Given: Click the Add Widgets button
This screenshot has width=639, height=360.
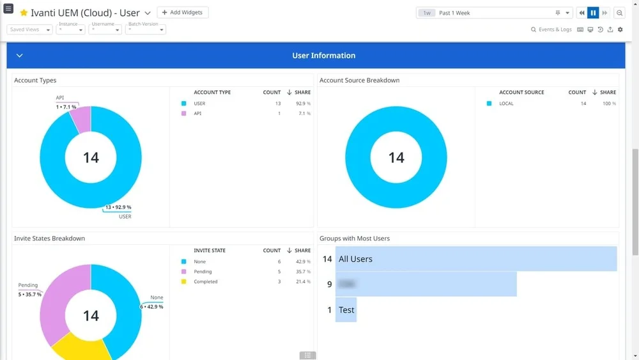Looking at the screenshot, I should pyautogui.click(x=183, y=12).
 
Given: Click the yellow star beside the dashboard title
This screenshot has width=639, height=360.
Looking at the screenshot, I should pyautogui.click(x=24, y=13).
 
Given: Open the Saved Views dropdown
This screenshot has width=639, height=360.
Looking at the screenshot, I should pyautogui.click(x=29, y=29).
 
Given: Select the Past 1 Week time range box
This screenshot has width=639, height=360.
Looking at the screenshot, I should pyautogui.click(x=493, y=13).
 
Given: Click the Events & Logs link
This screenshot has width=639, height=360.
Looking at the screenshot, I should pyautogui.click(x=551, y=29).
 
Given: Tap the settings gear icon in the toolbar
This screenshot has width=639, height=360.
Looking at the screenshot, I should pyautogui.click(x=620, y=29).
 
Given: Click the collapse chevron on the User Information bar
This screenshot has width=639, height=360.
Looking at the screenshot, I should pyautogui.click(x=20, y=56).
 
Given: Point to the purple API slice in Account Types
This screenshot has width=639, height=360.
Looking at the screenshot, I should pyautogui.click(x=81, y=119).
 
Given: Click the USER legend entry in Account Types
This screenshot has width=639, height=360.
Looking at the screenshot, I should pyautogui.click(x=199, y=103).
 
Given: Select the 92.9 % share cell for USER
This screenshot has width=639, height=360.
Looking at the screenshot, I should pyautogui.click(x=303, y=103).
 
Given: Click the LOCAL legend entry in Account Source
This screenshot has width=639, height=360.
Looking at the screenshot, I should pyautogui.click(x=506, y=103).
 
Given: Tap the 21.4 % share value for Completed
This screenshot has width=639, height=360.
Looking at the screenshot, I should pyautogui.click(x=303, y=281).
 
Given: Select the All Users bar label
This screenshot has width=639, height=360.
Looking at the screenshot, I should pyautogui.click(x=355, y=259).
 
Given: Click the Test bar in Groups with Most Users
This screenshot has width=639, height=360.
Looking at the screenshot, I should pyautogui.click(x=346, y=309).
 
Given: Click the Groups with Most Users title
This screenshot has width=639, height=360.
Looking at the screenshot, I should pyautogui.click(x=355, y=239).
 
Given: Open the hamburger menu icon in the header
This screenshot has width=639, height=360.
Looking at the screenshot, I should pyautogui.click(x=8, y=9).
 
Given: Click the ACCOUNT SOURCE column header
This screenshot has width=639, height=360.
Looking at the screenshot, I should pyautogui.click(x=521, y=92).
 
